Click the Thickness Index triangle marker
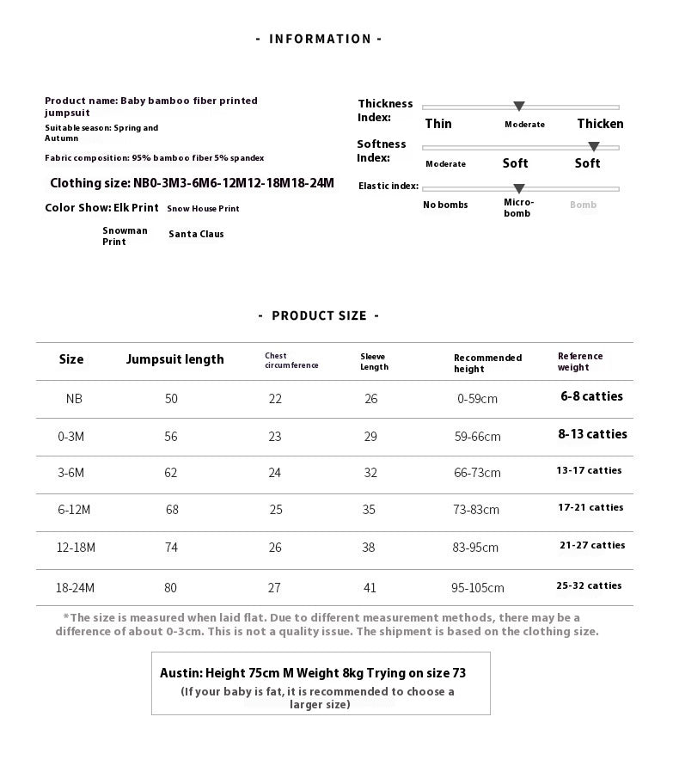tap(519, 107)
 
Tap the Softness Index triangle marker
tap(593, 147)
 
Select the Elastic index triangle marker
tap(519, 188)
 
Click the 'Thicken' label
tap(600, 124)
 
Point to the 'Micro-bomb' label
tap(518, 207)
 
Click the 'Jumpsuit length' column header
tap(174, 359)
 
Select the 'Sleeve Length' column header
tap(374, 361)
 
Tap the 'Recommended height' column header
tap(487, 363)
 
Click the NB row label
tap(74, 399)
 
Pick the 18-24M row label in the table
tap(76, 588)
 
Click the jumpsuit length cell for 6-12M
tap(172, 510)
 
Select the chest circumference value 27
tap(274, 588)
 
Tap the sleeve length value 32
tap(370, 472)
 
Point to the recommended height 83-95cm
tap(476, 548)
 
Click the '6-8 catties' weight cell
tap(591, 396)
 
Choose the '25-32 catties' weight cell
tap(589, 585)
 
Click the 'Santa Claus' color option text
tap(196, 234)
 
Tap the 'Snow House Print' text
tap(203, 209)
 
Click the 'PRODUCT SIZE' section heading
tap(319, 315)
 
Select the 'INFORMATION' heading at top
tap(320, 39)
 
